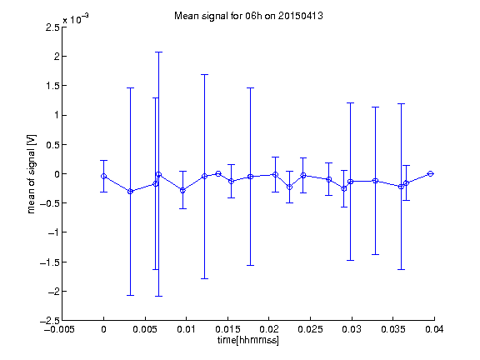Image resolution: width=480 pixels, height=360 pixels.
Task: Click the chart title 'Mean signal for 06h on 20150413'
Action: pyautogui.click(x=248, y=16)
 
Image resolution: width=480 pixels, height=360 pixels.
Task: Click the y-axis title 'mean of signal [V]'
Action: pyautogui.click(x=31, y=174)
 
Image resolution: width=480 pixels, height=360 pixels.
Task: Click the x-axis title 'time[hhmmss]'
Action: pyautogui.click(x=248, y=340)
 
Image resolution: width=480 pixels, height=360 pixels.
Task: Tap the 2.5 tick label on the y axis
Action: pyautogui.click(x=53, y=27)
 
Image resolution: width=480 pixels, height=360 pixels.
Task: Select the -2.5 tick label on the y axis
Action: pyautogui.click(x=50, y=321)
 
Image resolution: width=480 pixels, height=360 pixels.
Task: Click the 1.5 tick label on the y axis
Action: pyautogui.click(x=53, y=86)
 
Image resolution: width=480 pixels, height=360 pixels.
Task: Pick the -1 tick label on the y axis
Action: pyautogui.click(x=53, y=232)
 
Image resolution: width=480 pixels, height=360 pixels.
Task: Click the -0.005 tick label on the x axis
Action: pyautogui.click(x=59, y=329)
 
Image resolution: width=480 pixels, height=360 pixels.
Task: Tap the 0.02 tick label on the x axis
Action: pyautogui.click(x=269, y=329)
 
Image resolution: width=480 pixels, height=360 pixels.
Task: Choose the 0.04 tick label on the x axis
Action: pyautogui.click(x=434, y=329)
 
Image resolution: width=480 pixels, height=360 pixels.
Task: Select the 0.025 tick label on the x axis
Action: pyautogui.click(x=310, y=329)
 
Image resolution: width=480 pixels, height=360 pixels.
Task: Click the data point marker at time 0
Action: pyautogui.click(x=104, y=177)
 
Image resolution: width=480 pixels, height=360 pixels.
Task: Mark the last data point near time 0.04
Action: pyautogui.click(x=430, y=174)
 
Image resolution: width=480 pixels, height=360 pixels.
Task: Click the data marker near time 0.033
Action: pyautogui.click(x=375, y=181)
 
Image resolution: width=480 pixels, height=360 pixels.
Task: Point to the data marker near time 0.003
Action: pyautogui.click(x=130, y=192)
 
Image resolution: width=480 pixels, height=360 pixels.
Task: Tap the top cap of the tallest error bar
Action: pyautogui.click(x=158, y=52)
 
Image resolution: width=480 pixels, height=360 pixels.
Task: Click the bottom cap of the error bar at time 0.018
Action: pyautogui.click(x=250, y=265)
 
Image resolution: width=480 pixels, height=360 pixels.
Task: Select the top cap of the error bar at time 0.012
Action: pyautogui.click(x=204, y=74)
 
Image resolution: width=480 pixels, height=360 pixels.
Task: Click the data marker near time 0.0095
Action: pyautogui.click(x=182, y=190)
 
